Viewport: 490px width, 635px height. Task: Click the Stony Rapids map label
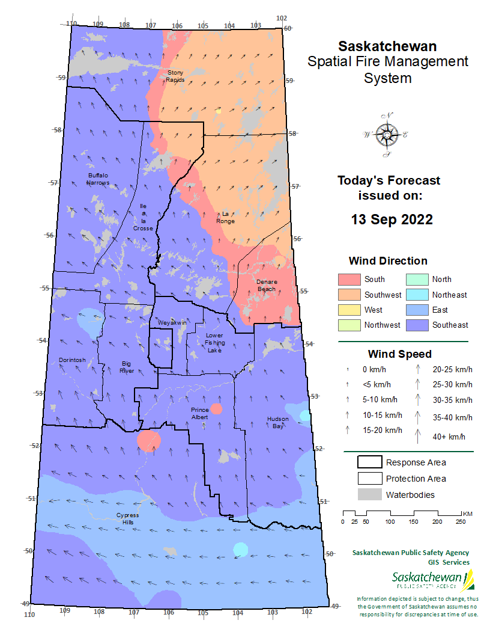(175, 76)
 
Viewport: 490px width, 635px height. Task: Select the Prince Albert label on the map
(199, 413)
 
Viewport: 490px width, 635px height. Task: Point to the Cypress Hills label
(127, 518)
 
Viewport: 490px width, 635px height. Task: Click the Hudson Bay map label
(278, 422)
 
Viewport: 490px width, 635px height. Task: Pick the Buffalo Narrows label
(98, 179)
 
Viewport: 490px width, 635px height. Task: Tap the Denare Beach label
(266, 285)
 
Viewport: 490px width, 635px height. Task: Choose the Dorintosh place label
(72, 360)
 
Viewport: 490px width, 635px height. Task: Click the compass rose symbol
(386, 135)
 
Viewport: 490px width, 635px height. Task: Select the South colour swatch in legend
(349, 280)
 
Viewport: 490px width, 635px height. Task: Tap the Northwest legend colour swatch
(349, 325)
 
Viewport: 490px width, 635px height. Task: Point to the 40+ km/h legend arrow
(419, 435)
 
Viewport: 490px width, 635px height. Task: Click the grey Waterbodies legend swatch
(370, 494)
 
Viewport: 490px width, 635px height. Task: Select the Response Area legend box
(370, 462)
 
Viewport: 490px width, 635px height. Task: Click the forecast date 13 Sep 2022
(392, 219)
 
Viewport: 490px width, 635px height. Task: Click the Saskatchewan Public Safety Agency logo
(432, 580)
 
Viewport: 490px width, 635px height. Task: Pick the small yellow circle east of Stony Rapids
(219, 111)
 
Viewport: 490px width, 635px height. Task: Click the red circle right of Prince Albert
(217, 409)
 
